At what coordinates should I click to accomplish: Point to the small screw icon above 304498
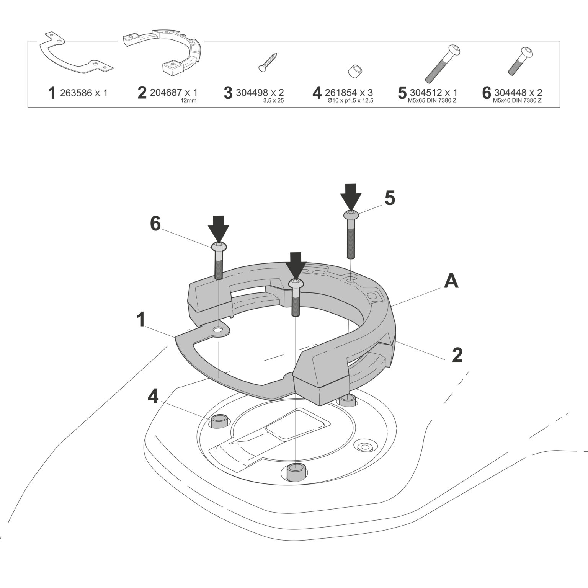268,62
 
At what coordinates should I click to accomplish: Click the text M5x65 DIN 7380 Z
433,101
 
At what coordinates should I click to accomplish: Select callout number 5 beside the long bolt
389,199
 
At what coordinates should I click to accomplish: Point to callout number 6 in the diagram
155,224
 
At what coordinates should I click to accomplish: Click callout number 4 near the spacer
153,397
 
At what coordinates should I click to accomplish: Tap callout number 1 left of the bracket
141,320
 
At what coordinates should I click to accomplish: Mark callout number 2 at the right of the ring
457,355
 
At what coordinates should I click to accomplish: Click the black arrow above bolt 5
351,195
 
